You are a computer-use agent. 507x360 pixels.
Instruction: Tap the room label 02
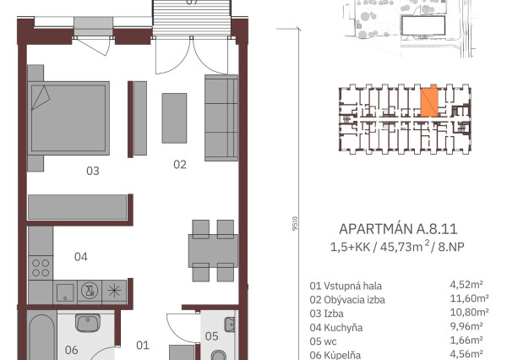(x=179, y=165)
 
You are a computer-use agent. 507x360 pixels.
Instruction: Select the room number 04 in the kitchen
(x=81, y=256)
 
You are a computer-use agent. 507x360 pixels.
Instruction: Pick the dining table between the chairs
(x=213, y=250)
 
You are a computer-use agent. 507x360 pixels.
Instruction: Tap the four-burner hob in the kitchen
(x=41, y=267)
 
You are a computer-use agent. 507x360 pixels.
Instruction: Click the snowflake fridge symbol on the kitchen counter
(x=114, y=292)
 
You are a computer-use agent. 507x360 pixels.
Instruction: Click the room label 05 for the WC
(x=211, y=336)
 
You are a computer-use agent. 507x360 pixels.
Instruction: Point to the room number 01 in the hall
(x=143, y=345)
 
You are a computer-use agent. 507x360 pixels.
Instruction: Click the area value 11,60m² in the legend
(x=466, y=299)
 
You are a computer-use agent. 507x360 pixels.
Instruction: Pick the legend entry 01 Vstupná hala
(x=345, y=286)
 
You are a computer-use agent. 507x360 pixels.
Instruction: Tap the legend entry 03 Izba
(x=330, y=313)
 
